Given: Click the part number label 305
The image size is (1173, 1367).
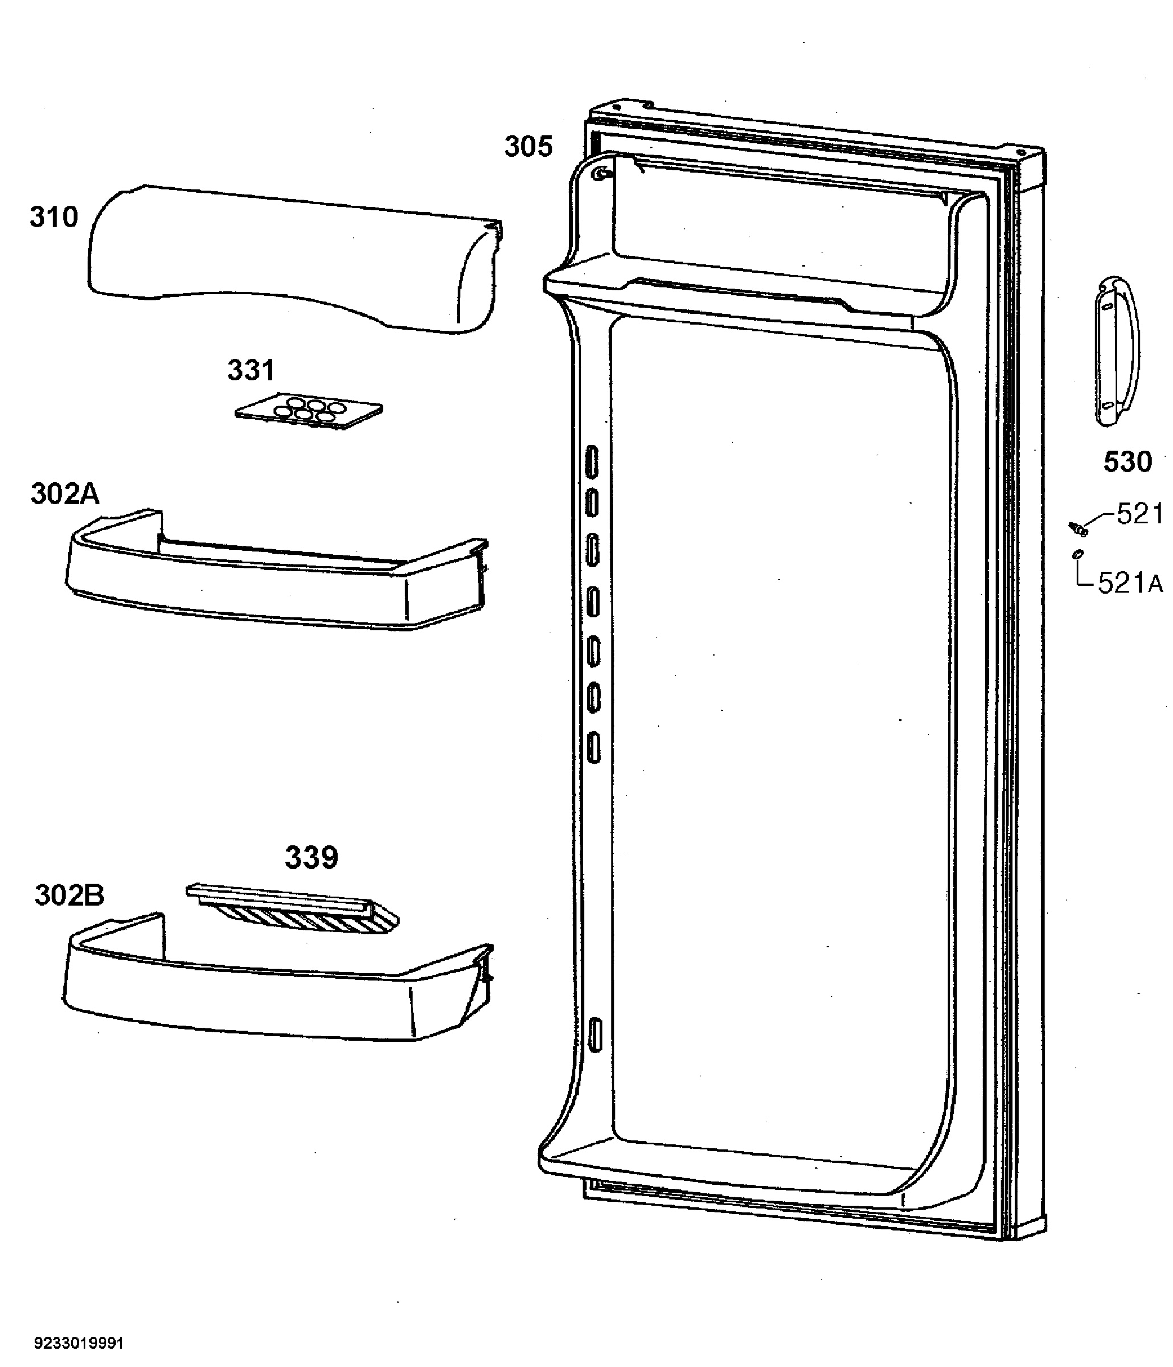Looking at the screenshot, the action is coord(528,146).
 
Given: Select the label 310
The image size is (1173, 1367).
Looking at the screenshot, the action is coord(54,217).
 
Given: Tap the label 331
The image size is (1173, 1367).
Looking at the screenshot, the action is coord(251,371).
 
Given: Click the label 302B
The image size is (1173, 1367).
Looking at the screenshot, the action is coord(69,895).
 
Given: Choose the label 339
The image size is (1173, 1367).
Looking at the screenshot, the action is coord(311,858).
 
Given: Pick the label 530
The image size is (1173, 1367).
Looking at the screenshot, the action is coord(1127,462).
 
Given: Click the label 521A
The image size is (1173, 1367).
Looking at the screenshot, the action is coord(1130,583).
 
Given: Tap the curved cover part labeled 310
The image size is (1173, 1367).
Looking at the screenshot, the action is coord(294,259).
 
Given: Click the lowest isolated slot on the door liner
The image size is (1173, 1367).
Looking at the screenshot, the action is coord(594,1035).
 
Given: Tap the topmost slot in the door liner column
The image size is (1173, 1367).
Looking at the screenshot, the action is coord(592,461).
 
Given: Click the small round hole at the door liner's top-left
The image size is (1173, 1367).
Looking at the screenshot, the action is coord(600,174).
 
